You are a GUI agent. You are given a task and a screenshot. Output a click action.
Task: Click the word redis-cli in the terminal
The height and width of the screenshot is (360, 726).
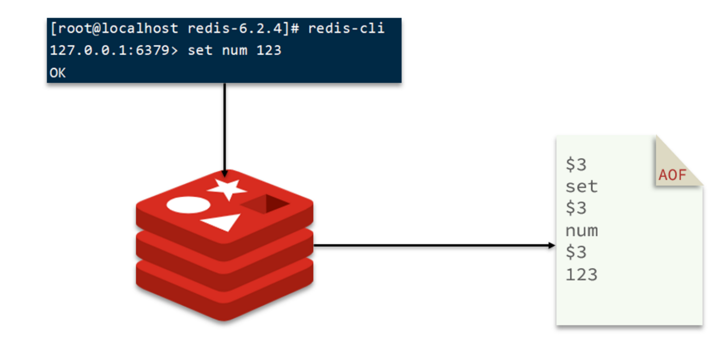346,29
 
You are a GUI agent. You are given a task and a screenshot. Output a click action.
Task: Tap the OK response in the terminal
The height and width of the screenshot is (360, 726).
58,73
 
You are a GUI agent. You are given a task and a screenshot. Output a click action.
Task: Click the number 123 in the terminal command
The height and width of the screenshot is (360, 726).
269,51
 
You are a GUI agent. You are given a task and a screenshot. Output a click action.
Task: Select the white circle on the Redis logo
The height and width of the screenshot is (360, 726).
188,205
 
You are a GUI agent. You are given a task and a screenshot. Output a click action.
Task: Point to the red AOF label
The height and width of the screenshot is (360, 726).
672,176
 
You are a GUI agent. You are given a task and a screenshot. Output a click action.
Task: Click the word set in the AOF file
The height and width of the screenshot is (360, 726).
581,187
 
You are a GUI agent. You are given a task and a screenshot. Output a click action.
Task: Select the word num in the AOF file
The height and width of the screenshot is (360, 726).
581,231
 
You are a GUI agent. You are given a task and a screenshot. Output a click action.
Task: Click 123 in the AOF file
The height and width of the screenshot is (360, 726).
581,275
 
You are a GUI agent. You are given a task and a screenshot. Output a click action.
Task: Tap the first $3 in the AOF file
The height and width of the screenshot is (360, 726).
576,165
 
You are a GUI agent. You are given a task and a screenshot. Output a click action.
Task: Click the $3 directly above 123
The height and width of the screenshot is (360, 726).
576,253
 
